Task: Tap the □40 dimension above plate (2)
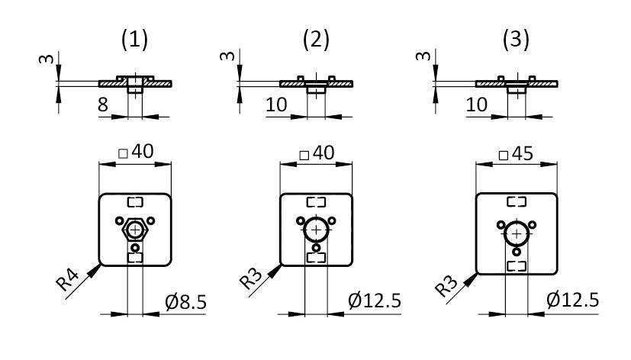pos(316,152)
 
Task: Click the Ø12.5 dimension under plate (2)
pos(375,304)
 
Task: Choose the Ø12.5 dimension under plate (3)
pos(572,304)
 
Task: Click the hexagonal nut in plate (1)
pos(136,229)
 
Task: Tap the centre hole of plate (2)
pos(316,230)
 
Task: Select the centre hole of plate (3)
pos(517,233)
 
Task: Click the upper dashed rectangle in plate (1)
pos(136,202)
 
